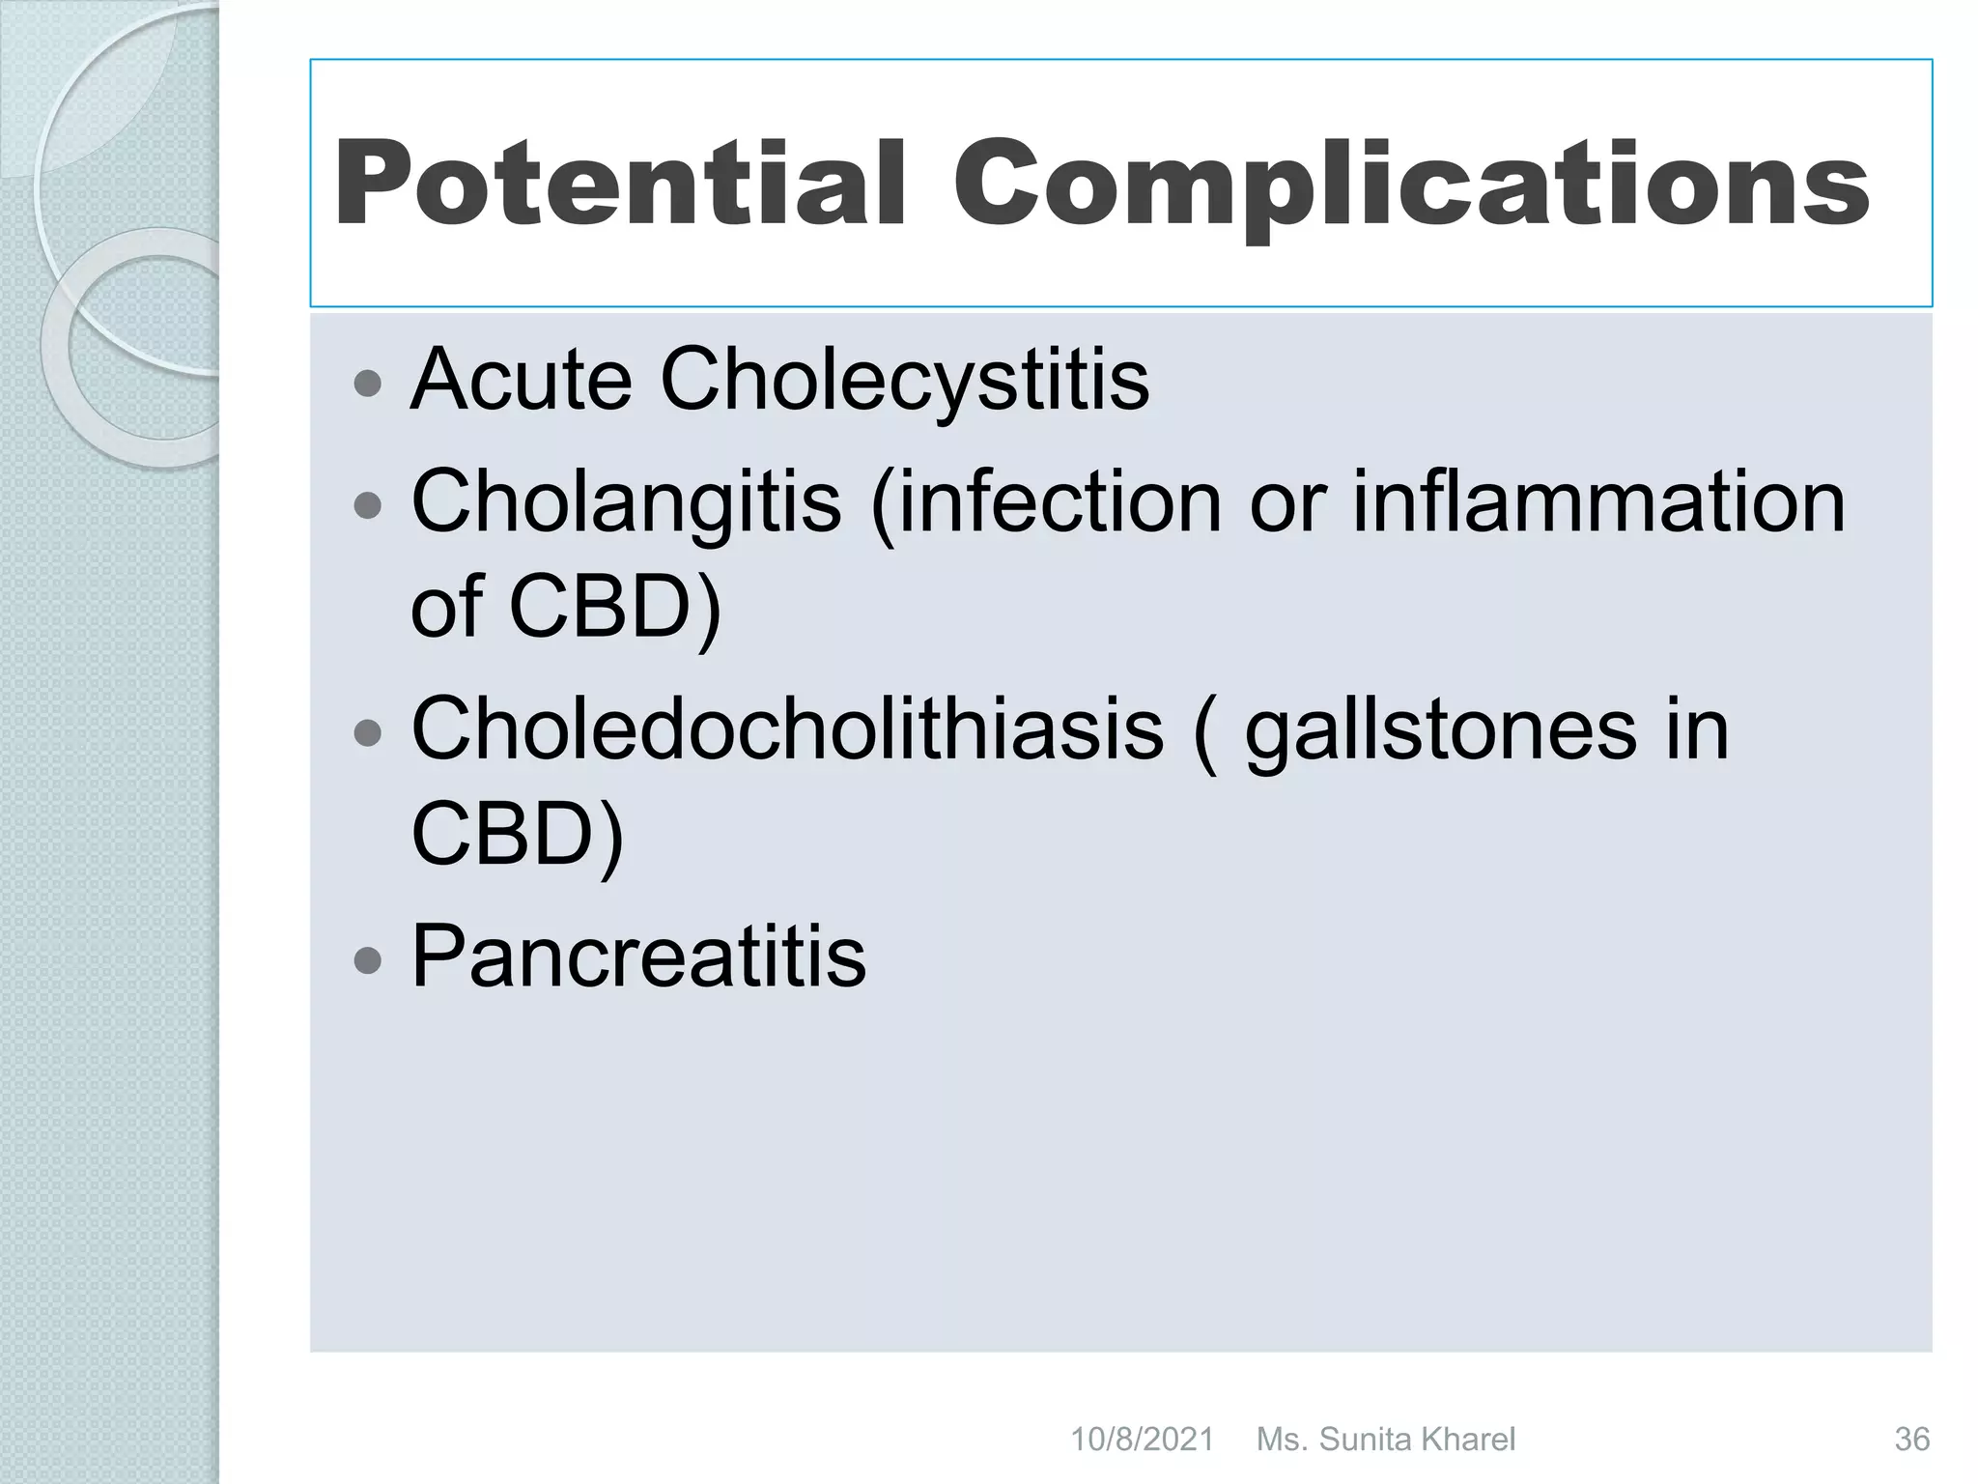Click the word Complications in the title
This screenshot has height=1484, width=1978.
click(x=1410, y=184)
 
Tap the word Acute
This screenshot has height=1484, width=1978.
click(x=522, y=380)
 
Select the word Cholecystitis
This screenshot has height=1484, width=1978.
click(x=904, y=380)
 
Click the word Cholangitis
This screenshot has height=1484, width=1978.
click(x=626, y=502)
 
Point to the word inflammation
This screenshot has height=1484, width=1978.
click(x=1597, y=502)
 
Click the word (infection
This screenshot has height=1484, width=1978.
click(x=1047, y=502)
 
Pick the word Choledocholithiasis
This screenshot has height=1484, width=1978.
click(x=787, y=730)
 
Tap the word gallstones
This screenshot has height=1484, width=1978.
click(x=1440, y=730)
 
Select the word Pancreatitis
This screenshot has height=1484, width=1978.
click(x=638, y=956)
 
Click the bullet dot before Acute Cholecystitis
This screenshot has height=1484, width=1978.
click(x=368, y=385)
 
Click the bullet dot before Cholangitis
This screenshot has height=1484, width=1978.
click(x=368, y=505)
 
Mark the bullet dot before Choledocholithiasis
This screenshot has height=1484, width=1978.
click(x=368, y=733)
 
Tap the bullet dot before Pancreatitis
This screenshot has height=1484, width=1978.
click(x=368, y=959)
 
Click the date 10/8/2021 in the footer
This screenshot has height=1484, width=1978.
click(x=1142, y=1440)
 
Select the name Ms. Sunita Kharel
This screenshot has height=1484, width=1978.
click(x=1385, y=1440)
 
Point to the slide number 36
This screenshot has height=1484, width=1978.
click(x=1911, y=1440)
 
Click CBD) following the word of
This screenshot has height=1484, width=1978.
click(x=614, y=609)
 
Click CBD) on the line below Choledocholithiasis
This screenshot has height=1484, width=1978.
click(x=518, y=835)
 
